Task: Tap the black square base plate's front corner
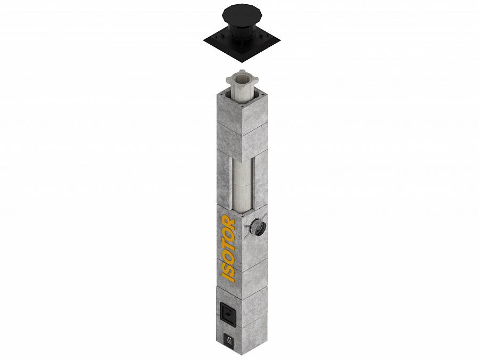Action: click(x=242, y=62)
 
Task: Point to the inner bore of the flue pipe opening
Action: click(x=241, y=79)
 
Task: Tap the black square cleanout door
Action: click(x=228, y=315)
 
